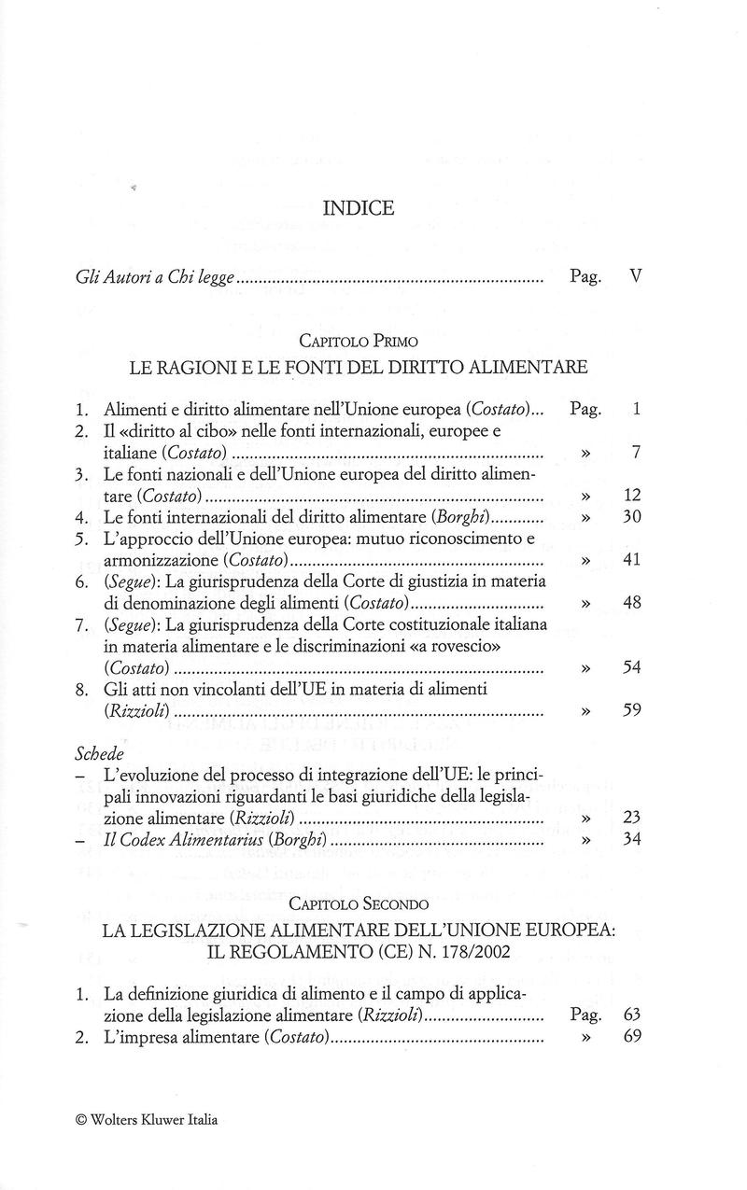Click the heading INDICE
coord(359,209)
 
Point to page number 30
coord(631,516)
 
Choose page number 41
coord(631,560)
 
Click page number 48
coord(631,603)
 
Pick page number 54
coord(631,667)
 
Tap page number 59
coord(631,710)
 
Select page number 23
coord(631,818)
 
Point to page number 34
coord(631,839)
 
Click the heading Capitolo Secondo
coord(359,904)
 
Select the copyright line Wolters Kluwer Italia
coord(147,1120)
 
